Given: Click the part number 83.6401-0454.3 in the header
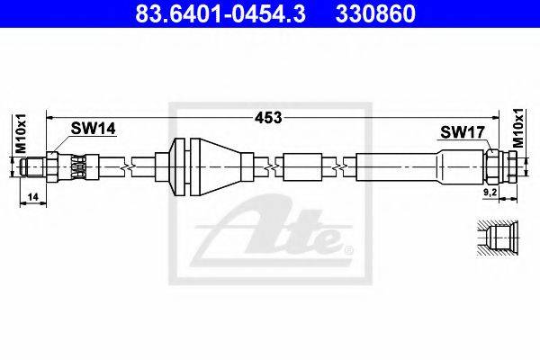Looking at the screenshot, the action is pos(220,13).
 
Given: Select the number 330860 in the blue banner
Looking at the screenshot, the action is pos(375,13).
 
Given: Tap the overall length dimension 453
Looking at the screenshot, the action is pos(268,118).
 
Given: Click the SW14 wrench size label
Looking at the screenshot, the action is pos(93,129).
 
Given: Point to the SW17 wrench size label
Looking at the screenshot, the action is pos(463,132).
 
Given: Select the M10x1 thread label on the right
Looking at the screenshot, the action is pos(517,128).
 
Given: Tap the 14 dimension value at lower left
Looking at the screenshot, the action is pos(32,197).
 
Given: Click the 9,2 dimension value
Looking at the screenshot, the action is pos(490,193).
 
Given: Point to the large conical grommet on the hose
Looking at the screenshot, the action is pos(215,167).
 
